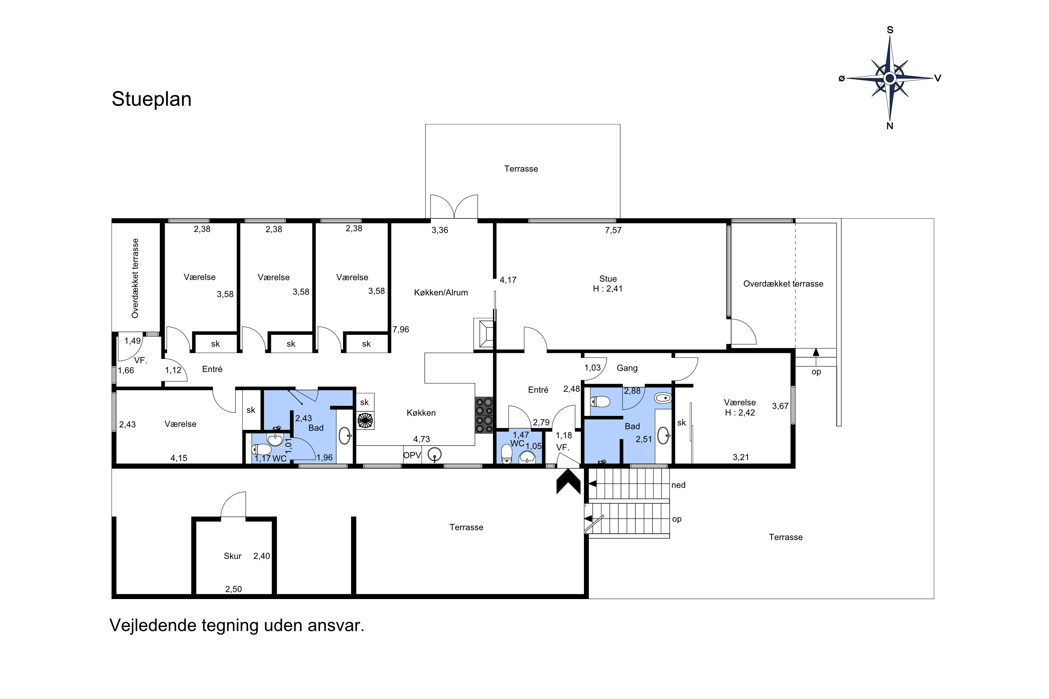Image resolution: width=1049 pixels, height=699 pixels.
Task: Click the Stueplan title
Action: pyautogui.click(x=152, y=99)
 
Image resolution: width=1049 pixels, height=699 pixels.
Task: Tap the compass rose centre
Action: pyautogui.click(x=890, y=78)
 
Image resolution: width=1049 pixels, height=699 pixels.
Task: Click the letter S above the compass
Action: pyautogui.click(x=890, y=30)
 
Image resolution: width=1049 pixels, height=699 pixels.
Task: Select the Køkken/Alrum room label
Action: pyautogui.click(x=441, y=293)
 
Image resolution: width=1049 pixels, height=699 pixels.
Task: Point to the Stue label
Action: pyautogui.click(x=608, y=279)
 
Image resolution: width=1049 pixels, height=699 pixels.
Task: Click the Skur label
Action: pyautogui.click(x=233, y=556)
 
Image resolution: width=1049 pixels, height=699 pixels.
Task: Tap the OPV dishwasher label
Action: pyautogui.click(x=412, y=455)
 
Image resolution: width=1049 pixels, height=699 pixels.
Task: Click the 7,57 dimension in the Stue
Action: pyautogui.click(x=613, y=230)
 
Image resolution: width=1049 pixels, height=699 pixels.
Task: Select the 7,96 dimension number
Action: pyautogui.click(x=400, y=330)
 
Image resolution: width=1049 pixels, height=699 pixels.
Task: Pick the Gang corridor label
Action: pyautogui.click(x=627, y=368)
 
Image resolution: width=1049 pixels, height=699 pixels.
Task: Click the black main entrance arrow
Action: pyautogui.click(x=568, y=484)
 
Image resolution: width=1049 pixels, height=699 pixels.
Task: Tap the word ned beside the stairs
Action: pyautogui.click(x=678, y=485)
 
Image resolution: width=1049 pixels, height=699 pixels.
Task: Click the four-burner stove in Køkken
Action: pyautogui.click(x=484, y=415)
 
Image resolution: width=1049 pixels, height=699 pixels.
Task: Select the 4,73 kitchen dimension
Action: pyautogui.click(x=421, y=439)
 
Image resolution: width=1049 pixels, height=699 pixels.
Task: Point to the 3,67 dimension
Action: pyautogui.click(x=780, y=406)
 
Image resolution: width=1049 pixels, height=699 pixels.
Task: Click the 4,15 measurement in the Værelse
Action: pyautogui.click(x=179, y=458)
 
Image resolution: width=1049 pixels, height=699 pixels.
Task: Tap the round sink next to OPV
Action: pyautogui.click(x=434, y=455)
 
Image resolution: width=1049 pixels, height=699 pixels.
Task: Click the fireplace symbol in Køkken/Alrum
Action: pyautogui.click(x=484, y=333)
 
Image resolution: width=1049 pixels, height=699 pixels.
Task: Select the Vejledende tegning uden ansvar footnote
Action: pyautogui.click(x=237, y=626)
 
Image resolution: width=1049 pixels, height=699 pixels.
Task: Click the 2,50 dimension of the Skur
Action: pyautogui.click(x=233, y=589)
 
